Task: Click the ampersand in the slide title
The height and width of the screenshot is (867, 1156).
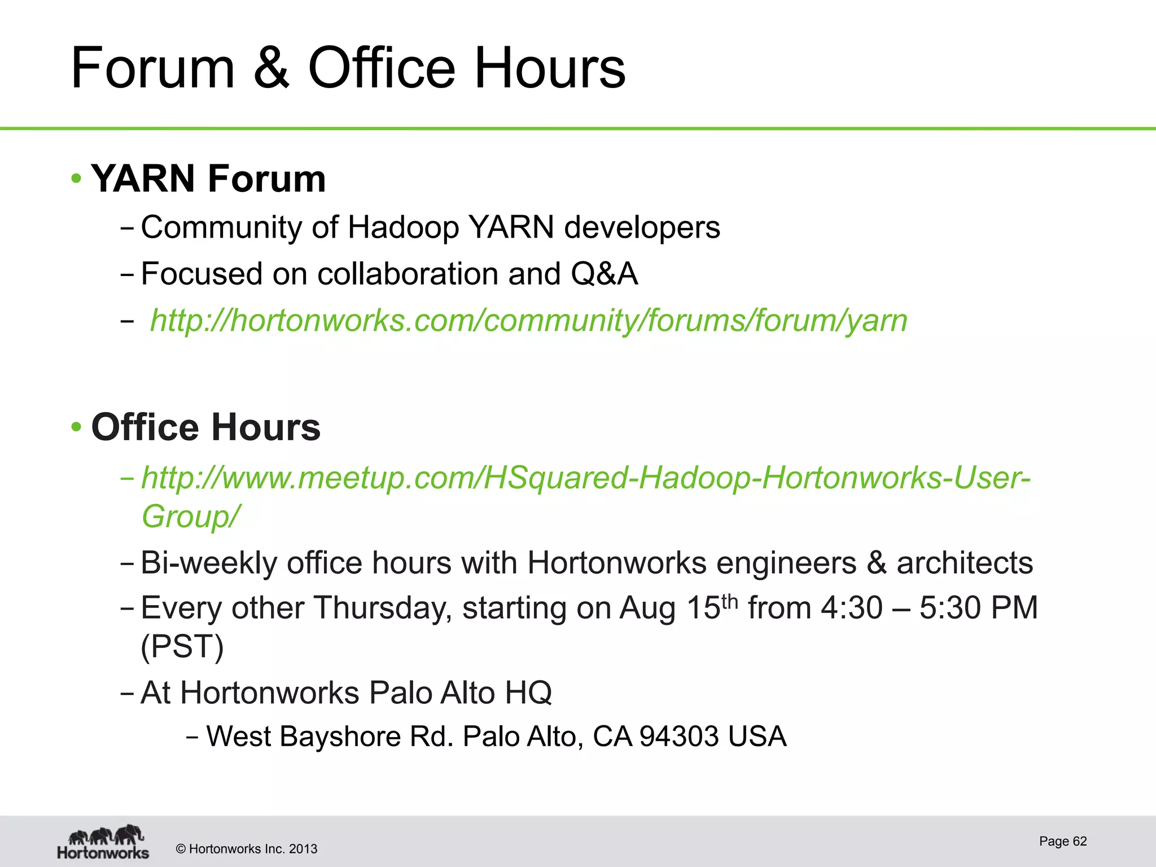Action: pyautogui.click(x=271, y=68)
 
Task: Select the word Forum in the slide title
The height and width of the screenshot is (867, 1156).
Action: pyautogui.click(x=152, y=68)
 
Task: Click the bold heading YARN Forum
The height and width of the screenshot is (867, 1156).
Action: pyautogui.click(x=208, y=178)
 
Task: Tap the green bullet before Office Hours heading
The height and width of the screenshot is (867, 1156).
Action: pyautogui.click(x=77, y=427)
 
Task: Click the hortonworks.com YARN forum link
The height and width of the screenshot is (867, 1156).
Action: pyautogui.click(x=528, y=321)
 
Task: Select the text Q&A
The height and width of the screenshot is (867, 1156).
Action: pyautogui.click(x=604, y=274)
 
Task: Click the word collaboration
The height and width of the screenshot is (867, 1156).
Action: pyautogui.click(x=408, y=274)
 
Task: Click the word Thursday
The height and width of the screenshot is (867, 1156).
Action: pyautogui.click(x=383, y=608)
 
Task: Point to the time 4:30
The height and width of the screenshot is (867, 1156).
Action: pyautogui.click(x=852, y=608)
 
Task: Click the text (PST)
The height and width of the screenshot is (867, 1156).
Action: pyautogui.click(x=182, y=646)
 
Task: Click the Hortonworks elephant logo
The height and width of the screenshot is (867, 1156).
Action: pyautogui.click(x=103, y=842)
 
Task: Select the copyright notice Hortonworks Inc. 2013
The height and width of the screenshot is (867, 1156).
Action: pyautogui.click(x=247, y=849)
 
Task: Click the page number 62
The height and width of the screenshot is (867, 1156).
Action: pyautogui.click(x=1079, y=841)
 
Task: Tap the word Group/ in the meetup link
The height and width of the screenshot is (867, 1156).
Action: pyautogui.click(x=190, y=516)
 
